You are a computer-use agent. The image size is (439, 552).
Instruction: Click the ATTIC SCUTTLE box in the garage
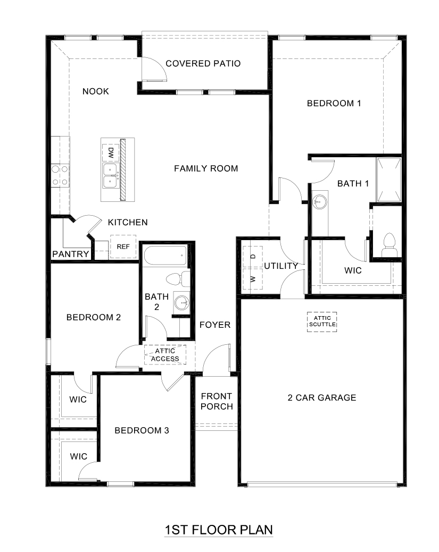[x=322, y=321]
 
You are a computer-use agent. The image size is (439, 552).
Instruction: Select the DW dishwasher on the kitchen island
[x=110, y=154]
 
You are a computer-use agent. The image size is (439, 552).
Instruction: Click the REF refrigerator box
[x=123, y=247]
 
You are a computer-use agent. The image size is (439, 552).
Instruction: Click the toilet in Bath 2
[x=178, y=278]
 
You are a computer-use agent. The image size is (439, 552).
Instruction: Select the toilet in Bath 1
[x=389, y=242]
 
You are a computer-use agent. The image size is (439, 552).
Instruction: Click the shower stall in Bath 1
[x=388, y=180]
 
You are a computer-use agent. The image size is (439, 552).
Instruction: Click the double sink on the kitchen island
[x=110, y=175]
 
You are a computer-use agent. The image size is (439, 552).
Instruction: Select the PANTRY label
[x=70, y=254]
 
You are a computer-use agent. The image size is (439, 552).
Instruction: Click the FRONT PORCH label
[x=217, y=402]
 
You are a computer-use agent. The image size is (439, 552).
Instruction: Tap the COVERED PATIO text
[x=203, y=64]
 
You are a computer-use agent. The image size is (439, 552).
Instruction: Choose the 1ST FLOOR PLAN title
[x=219, y=530]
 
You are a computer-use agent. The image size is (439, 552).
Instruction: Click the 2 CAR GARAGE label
[x=322, y=397]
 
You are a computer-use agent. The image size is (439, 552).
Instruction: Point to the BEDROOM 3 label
[x=142, y=430]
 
